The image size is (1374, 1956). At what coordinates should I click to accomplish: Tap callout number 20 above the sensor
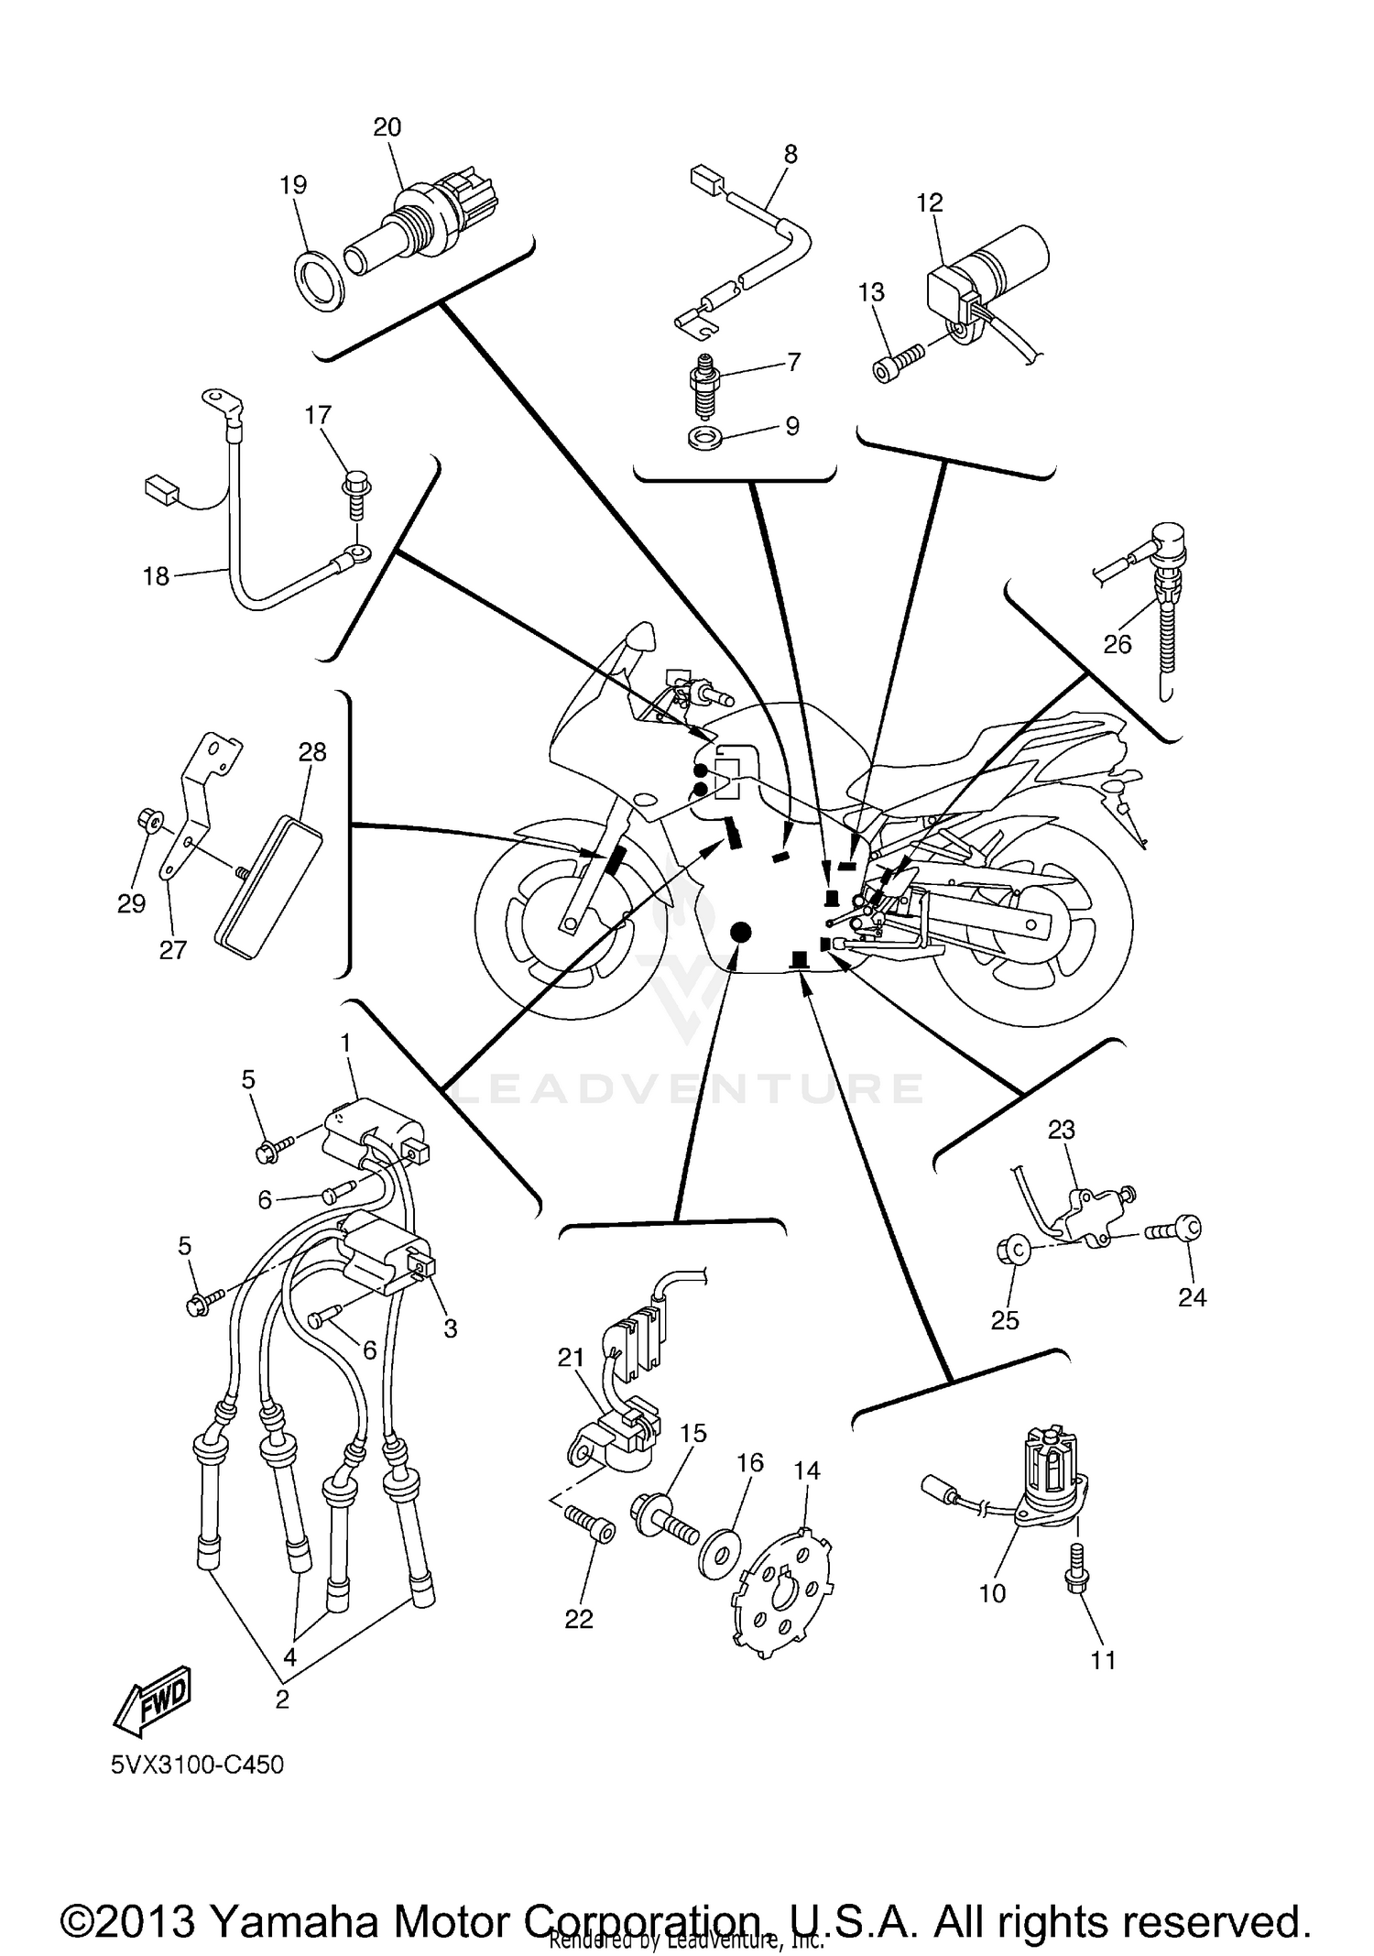click(x=387, y=127)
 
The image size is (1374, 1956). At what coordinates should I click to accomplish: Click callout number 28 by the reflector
click(x=312, y=752)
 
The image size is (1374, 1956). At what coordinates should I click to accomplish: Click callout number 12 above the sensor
click(x=929, y=202)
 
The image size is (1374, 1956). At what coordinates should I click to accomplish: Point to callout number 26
click(x=1118, y=644)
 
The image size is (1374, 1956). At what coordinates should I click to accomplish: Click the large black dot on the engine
click(x=739, y=933)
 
